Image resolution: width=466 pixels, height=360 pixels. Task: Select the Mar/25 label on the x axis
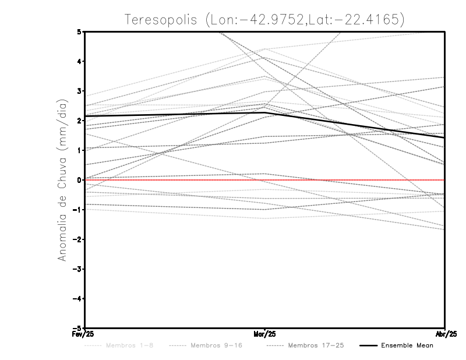[265, 334]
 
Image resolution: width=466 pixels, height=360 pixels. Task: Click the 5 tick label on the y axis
[79, 31]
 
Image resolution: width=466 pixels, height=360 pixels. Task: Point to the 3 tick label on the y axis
[79, 91]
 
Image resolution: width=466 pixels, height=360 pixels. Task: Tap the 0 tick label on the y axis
[79, 180]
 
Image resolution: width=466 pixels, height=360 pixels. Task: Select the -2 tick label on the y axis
[77, 239]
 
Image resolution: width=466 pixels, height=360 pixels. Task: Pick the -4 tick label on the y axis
[77, 298]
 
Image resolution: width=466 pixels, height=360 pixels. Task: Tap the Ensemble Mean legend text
[407, 346]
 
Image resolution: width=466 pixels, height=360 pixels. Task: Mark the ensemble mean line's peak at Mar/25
[265, 113]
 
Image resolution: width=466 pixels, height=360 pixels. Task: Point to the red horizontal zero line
[175, 180]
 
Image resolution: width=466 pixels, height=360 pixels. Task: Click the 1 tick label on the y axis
[79, 150]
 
